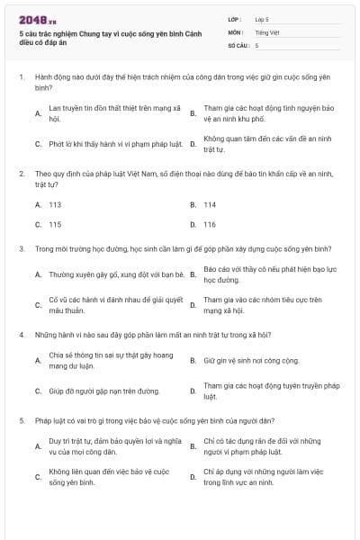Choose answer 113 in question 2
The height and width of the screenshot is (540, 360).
55,204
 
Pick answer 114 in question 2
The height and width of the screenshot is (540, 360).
210,204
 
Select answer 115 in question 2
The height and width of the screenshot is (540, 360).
55,224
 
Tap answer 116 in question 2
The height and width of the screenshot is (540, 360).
210,224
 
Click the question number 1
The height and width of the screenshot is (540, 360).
21,77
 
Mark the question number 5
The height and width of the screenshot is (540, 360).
21,419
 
